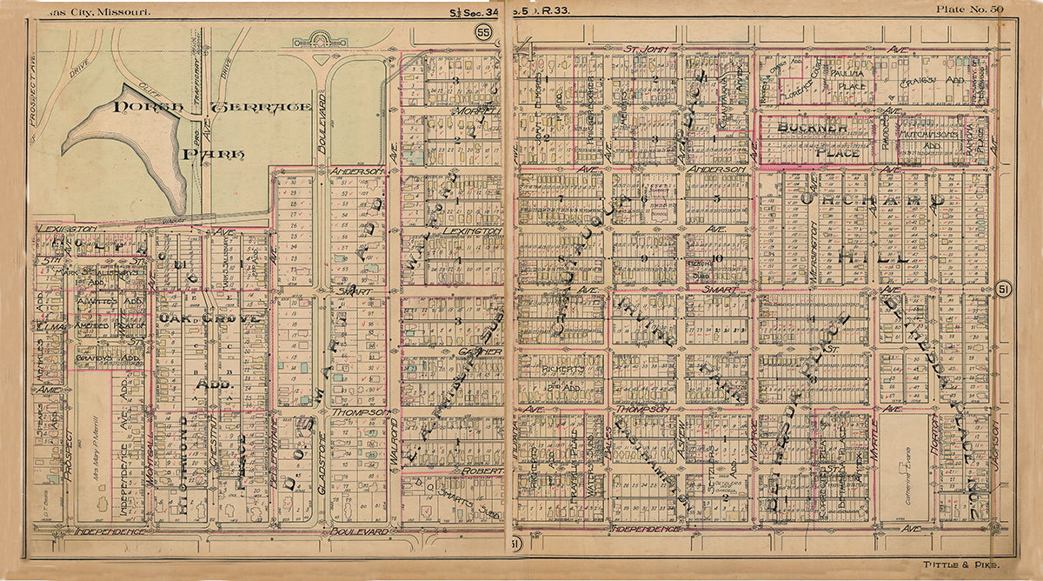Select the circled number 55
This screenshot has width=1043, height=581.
(x=483, y=32)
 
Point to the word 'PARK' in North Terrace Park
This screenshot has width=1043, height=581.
(x=214, y=155)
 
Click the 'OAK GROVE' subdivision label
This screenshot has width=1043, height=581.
(x=209, y=319)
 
